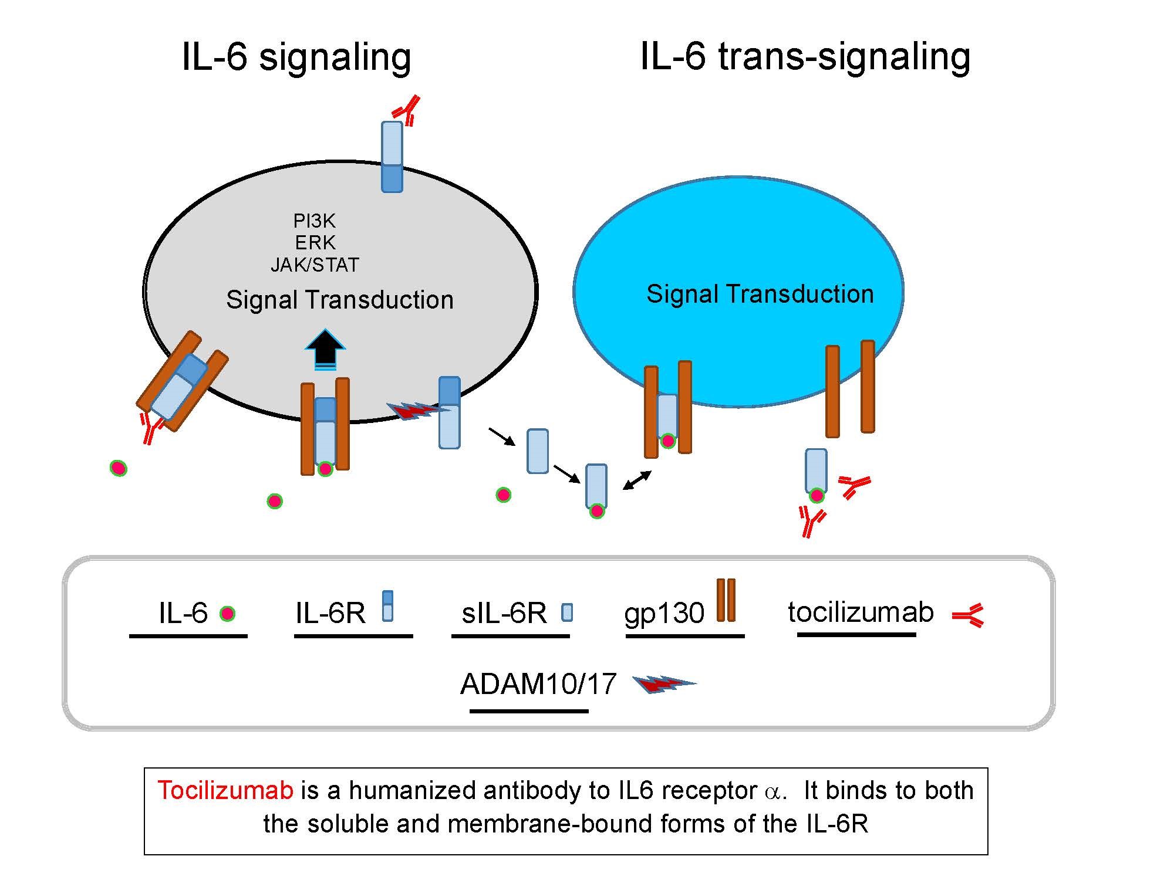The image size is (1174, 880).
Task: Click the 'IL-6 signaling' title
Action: [296, 57]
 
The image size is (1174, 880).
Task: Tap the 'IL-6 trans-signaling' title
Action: [805, 57]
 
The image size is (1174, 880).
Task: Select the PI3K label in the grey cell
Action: [315, 221]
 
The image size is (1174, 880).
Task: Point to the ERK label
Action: [315, 242]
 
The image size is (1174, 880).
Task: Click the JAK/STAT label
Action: [315, 265]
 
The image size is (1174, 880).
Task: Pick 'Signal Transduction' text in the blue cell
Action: [760, 294]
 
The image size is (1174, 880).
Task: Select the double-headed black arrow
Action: [637, 480]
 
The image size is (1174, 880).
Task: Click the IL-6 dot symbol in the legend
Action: [227, 614]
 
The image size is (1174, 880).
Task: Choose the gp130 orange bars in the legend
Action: [726, 600]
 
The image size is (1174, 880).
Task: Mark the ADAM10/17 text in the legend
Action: [538, 684]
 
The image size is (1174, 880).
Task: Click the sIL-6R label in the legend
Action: [504, 613]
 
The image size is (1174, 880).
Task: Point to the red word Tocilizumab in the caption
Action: [225, 790]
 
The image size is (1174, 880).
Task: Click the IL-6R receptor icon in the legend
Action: [387, 606]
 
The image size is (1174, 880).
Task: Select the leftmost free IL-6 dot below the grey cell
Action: [119, 468]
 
